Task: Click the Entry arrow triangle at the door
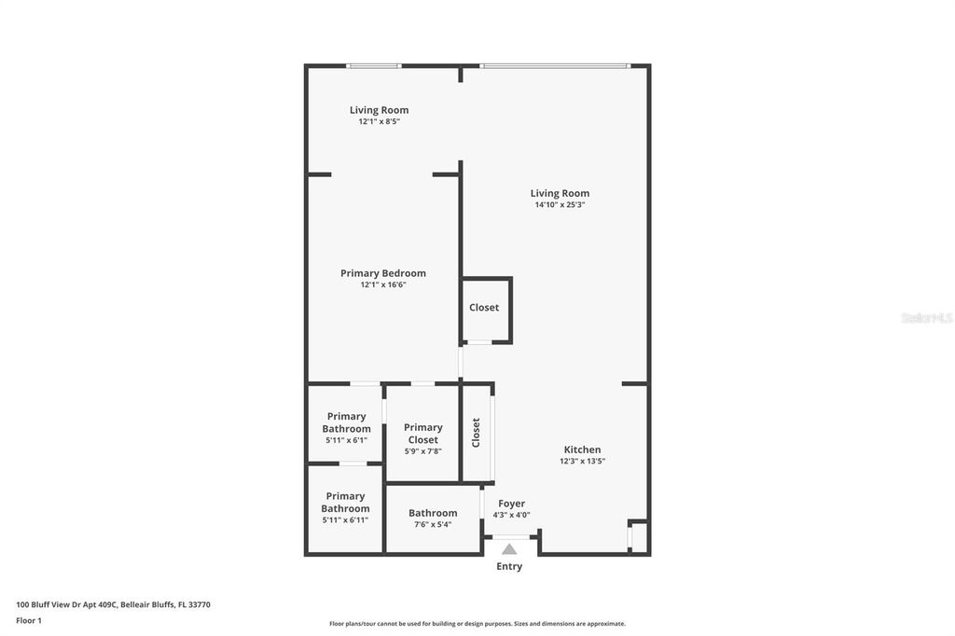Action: click(509, 549)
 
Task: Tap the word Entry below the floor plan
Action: click(509, 567)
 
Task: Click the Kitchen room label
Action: click(582, 449)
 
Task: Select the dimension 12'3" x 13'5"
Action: click(582, 461)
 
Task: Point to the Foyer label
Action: click(511, 504)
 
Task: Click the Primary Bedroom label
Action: click(382, 273)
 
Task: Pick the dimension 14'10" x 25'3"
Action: click(560, 204)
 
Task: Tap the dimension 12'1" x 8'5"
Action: click(379, 121)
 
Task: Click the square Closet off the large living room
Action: click(484, 308)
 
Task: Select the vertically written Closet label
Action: click(476, 432)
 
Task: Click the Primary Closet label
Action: click(422, 434)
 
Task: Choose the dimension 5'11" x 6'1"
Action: click(346, 439)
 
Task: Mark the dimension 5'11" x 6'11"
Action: click(345, 519)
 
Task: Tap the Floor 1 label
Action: click(29, 620)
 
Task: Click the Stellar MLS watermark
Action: click(926, 318)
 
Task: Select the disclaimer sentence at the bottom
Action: click(477, 624)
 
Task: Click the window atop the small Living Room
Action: click(373, 65)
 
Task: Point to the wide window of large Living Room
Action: click(555, 65)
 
